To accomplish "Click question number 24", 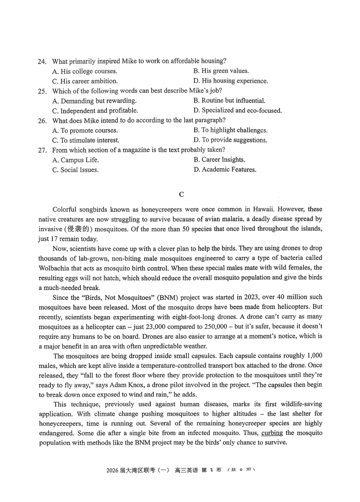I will pos(42,61).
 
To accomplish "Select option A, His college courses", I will pos(85,71).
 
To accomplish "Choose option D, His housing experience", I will pos(230,81).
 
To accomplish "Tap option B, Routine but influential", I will pos(229,100).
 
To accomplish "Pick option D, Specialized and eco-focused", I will pos(238,111).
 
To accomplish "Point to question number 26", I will pos(42,121).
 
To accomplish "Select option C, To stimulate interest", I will pos(86,140).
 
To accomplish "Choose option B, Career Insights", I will pos(219,160).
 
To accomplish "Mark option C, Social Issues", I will pos(75,170).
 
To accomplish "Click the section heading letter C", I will pos(181,195).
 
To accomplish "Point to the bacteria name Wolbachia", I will pos(54,268).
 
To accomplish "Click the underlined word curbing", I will pos(272,433).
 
